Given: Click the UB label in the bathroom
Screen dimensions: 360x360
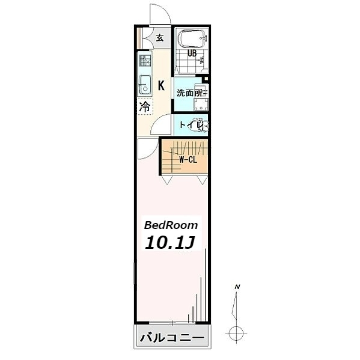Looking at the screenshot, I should click(192, 53).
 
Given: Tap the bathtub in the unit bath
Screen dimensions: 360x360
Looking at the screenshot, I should click(192, 39).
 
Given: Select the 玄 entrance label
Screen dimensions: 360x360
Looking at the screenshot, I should click(160, 38).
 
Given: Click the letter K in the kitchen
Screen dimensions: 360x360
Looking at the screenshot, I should click(161, 85).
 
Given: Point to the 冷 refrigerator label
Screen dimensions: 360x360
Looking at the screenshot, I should click(145, 108).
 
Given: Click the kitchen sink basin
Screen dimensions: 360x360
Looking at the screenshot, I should click(144, 85).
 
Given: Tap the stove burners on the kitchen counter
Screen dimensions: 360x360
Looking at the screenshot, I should click(145, 61).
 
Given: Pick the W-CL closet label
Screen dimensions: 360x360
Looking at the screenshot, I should click(189, 160).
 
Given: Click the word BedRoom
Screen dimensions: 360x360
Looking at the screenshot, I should click(171, 225).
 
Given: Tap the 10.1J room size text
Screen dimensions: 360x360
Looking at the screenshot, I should click(168, 243).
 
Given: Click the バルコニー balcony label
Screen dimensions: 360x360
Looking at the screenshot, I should click(172, 338).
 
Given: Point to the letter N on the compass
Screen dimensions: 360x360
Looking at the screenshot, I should click(238, 287).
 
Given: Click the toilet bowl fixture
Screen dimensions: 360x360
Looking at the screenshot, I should click(203, 126).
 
